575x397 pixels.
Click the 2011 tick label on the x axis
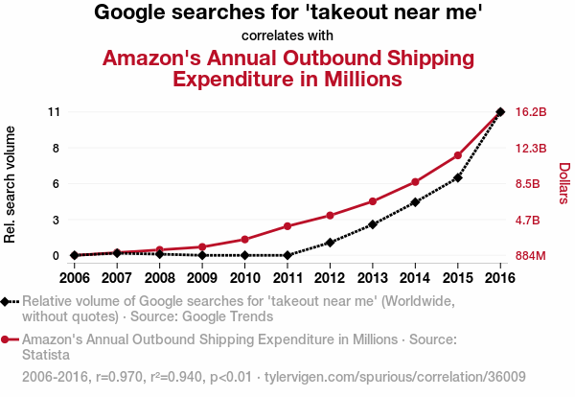pos(287,278)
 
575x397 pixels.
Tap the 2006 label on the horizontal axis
pos(74,278)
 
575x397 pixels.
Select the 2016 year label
pos(500,278)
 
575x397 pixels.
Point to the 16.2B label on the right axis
pos(531,112)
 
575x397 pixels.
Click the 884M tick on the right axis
pos(531,256)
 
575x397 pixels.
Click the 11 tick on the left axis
pos(54,112)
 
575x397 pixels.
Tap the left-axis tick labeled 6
pos(57,184)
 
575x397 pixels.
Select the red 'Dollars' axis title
pos(564,182)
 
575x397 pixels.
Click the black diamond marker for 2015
pos(458,177)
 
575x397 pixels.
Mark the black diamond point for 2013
pos(373,224)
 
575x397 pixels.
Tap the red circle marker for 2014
pos(415,182)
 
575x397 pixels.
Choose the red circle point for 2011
pos(287,226)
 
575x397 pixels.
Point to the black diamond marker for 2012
pos(330,243)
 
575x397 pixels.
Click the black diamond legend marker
pos(7,301)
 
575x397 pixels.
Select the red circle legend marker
pos(7,339)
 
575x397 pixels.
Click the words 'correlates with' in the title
pos(287,36)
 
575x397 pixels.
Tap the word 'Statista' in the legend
pos(47,354)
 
